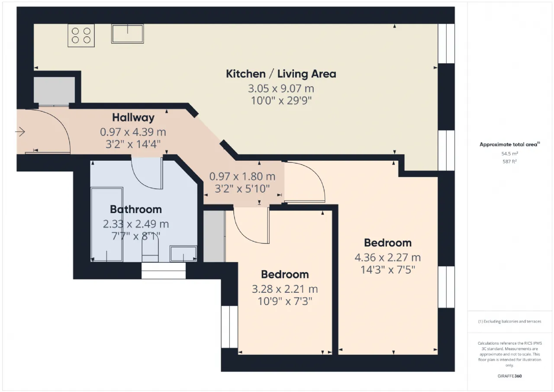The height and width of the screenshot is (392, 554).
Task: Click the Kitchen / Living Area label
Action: (281, 74)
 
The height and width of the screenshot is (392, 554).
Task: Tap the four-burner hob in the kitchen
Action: (81, 36)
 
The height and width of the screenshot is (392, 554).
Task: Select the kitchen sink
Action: (127, 34)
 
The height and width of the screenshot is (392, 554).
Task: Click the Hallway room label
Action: (133, 117)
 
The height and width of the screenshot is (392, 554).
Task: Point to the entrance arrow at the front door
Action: (20, 132)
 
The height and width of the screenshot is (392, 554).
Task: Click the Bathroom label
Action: (136, 209)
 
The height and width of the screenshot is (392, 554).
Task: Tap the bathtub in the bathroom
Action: (107, 224)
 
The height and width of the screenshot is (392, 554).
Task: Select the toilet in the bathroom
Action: (150, 250)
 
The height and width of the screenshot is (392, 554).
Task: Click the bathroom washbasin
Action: (183, 254)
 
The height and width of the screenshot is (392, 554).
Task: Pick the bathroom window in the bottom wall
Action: (164, 270)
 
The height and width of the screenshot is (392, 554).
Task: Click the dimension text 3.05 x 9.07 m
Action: (281, 88)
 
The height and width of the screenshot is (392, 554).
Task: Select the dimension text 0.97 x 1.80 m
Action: (242, 176)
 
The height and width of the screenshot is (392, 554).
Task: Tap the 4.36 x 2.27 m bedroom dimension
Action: (387, 257)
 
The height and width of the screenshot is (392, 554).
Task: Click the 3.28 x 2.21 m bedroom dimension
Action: (285, 289)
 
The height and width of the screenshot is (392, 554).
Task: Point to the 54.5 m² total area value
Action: (509, 154)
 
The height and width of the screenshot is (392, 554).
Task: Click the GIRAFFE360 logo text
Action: (509, 376)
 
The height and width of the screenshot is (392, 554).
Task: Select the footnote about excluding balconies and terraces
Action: (509, 321)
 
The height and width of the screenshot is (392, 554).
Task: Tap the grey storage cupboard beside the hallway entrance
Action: (54, 90)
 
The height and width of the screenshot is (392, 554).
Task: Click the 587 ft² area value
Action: (509, 162)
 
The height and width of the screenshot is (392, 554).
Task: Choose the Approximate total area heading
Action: (509, 145)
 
